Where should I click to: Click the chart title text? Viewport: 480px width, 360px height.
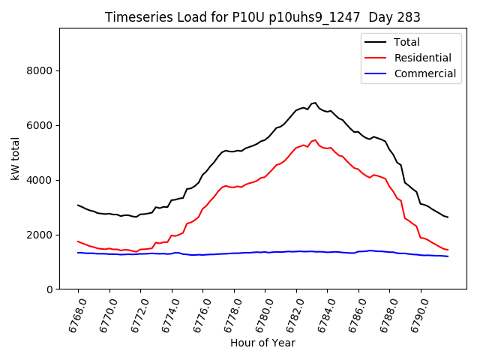tap(262, 17)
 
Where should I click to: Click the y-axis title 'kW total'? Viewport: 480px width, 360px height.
tap(16, 159)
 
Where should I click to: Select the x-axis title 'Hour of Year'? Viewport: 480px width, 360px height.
tap(262, 343)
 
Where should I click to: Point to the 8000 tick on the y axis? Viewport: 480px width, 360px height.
tap(40, 71)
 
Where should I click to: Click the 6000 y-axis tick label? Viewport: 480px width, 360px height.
tap(40, 126)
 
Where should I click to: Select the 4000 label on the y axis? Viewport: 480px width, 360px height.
tap(40, 181)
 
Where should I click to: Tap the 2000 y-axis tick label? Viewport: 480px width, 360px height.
tap(40, 235)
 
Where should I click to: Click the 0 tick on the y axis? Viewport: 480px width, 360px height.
tap(50, 289)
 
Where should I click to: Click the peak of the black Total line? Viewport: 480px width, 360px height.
tap(315, 103)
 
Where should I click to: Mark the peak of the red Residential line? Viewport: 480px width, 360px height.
tap(315, 139)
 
